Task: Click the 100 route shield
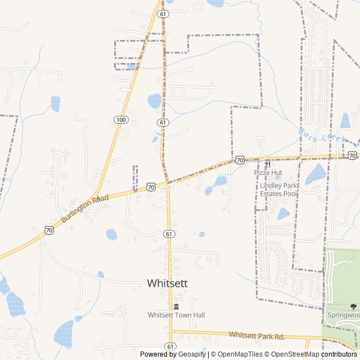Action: click(x=121, y=119)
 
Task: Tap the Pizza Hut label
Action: click(x=268, y=173)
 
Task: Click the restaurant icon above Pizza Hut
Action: click(x=268, y=164)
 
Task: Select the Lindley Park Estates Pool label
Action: click(x=278, y=189)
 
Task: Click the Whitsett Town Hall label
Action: click(x=176, y=315)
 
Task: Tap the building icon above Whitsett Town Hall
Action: click(x=176, y=307)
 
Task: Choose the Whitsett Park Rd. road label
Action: click(x=256, y=336)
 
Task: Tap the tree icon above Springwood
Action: click(x=353, y=307)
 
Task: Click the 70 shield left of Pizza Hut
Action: click(x=240, y=160)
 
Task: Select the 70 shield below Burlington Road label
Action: click(x=49, y=229)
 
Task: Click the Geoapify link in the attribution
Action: click(x=192, y=354)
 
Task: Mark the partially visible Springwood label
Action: click(x=344, y=316)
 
